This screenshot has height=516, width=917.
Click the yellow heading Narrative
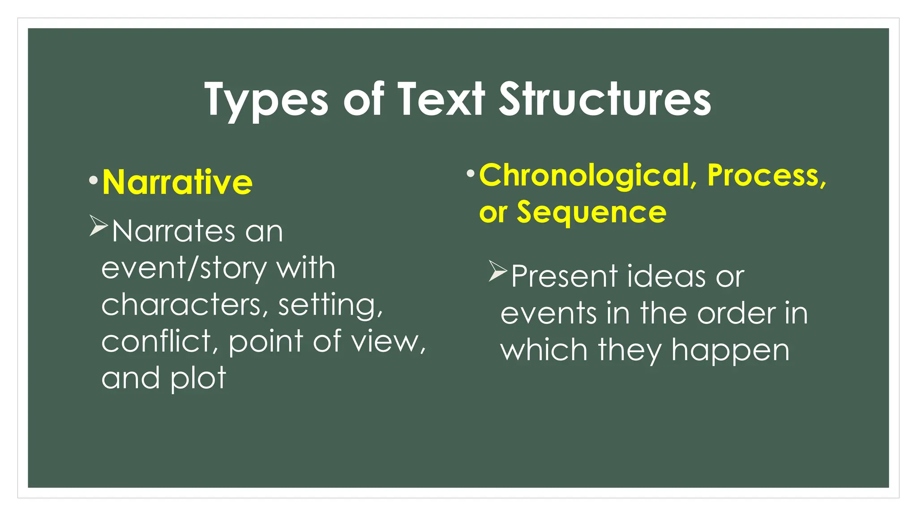[x=177, y=182]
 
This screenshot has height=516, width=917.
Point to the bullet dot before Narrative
[x=93, y=181]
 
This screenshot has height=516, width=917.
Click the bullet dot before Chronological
[x=470, y=173]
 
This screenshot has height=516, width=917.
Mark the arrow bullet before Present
[x=498, y=271]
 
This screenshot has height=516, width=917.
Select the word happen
[x=730, y=350]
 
